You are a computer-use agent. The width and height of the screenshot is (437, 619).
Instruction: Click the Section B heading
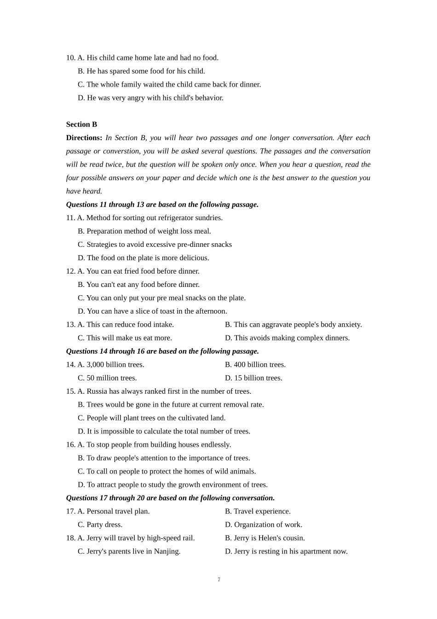81,124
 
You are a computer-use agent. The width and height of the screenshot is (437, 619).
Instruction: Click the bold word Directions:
84,138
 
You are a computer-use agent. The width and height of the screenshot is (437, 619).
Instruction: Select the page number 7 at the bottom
219,580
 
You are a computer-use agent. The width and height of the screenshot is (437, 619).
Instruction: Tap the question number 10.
70,58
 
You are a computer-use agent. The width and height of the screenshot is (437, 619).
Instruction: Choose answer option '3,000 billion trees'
115,365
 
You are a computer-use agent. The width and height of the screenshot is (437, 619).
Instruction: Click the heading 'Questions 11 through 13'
162,204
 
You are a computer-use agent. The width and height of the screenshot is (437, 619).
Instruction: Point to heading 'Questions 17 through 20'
170,498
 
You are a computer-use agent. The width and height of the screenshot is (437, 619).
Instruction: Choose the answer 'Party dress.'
104,525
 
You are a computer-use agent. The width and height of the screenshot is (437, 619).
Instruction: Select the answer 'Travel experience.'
262,511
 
